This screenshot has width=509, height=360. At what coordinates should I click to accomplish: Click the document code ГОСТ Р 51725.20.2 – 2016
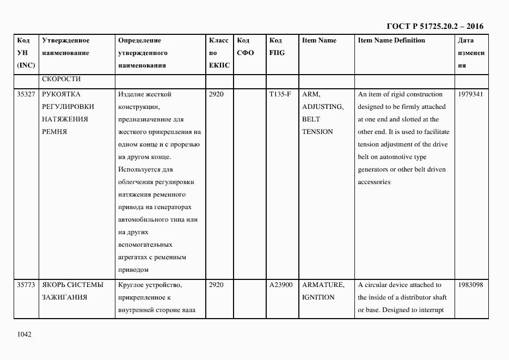click(434, 26)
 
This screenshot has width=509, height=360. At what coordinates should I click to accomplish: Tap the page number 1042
click(24, 334)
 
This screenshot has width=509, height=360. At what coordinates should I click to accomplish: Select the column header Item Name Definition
click(391, 40)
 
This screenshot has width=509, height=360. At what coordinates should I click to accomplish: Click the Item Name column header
click(319, 40)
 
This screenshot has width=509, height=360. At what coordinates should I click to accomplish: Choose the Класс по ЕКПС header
click(219, 53)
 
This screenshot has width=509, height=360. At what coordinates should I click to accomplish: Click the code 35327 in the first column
click(26, 94)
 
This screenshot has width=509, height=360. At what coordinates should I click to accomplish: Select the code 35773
click(26, 285)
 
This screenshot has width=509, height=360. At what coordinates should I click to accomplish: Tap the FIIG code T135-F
click(280, 94)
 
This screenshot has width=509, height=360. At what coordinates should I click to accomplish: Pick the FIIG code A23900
click(281, 285)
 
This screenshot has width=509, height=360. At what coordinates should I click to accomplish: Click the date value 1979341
click(470, 94)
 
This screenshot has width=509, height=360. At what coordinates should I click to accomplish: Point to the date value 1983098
click(470, 285)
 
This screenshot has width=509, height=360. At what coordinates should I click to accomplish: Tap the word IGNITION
click(318, 297)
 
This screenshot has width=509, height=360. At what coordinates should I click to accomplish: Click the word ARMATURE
click(323, 285)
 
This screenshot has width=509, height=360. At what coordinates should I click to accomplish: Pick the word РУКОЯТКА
click(61, 94)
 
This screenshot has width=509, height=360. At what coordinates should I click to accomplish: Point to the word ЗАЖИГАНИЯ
click(64, 297)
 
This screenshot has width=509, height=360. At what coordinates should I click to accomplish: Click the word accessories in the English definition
click(374, 182)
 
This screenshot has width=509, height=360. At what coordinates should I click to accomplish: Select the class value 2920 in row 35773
click(216, 285)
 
